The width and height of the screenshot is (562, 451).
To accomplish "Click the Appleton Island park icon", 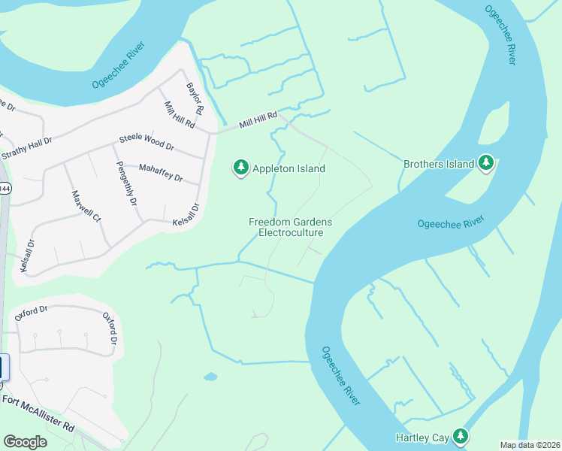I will tap(240, 168).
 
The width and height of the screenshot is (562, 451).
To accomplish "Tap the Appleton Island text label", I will tap(289, 168).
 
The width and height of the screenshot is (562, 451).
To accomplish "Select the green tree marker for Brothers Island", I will tap(486, 163).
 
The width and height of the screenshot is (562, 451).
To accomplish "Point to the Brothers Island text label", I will tap(438, 164).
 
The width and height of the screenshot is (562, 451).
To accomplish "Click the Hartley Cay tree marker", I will tap(459, 436).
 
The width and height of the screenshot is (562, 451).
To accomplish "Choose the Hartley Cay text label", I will tap(421, 437).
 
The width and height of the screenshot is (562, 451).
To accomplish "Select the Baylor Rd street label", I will tap(195, 98).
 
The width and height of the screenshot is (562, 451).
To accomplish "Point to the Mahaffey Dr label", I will tap(161, 174).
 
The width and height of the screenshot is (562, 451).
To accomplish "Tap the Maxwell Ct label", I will tap(85, 206).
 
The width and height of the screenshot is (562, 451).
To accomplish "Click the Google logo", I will tap(25, 442).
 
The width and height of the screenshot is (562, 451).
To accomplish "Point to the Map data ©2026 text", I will tap(530, 445).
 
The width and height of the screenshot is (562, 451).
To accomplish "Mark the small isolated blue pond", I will tap(210, 376).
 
